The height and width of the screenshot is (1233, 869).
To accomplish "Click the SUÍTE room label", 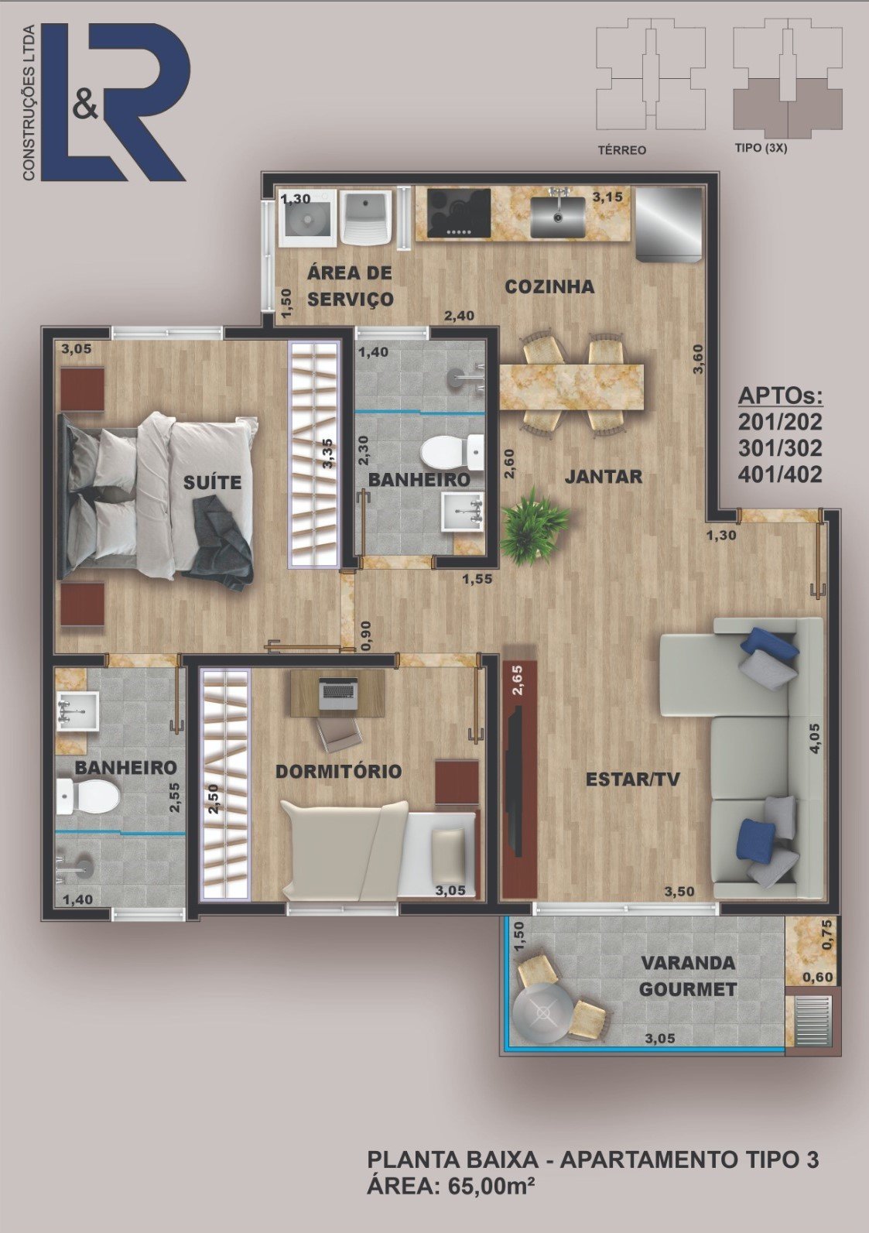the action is tap(213, 482).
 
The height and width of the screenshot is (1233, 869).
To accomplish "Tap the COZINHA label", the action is tap(549, 286).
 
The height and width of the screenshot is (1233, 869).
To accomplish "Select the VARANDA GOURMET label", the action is tap(688, 976).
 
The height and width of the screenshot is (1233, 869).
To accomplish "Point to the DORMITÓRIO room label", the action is tap(338, 771).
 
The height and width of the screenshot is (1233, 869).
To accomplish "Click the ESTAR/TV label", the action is tap(633, 779).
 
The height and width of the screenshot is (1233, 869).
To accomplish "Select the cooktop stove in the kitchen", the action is tap(459, 214).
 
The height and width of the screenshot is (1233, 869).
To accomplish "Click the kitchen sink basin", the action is tap(557, 214).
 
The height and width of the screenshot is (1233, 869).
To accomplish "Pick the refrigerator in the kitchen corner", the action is tap(669, 224).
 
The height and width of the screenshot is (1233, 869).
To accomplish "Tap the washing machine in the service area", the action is tap(308, 218).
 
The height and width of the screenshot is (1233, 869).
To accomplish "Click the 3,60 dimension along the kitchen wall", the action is tap(699, 359).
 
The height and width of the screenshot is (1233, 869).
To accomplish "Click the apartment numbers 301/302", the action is tap(780, 448).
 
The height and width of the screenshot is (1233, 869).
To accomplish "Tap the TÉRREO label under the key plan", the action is tap(622, 149).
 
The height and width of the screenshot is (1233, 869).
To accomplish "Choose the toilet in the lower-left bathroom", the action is tap(88, 796).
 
